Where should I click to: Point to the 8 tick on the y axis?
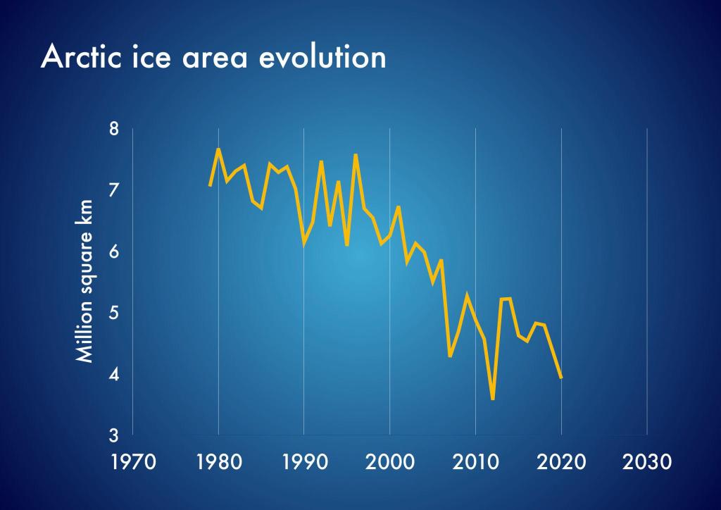[x=115, y=130]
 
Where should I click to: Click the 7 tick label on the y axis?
[x=115, y=190]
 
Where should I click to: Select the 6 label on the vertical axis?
[x=115, y=251]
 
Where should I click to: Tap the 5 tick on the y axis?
[x=115, y=313]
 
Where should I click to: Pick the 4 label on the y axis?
[x=115, y=374]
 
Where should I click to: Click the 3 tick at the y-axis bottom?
[x=115, y=435]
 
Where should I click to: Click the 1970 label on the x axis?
[x=132, y=462]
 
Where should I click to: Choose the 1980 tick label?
[x=218, y=462]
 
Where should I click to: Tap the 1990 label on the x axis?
[x=303, y=462]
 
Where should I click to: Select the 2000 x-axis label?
[x=389, y=462]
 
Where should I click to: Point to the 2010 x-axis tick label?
[x=475, y=462]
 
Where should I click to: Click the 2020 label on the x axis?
[x=561, y=462]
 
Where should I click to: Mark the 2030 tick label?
[x=646, y=462]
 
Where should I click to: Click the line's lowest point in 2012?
[x=493, y=399]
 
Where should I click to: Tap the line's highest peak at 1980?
[x=218, y=149]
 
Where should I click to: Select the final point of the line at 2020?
[x=561, y=378]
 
